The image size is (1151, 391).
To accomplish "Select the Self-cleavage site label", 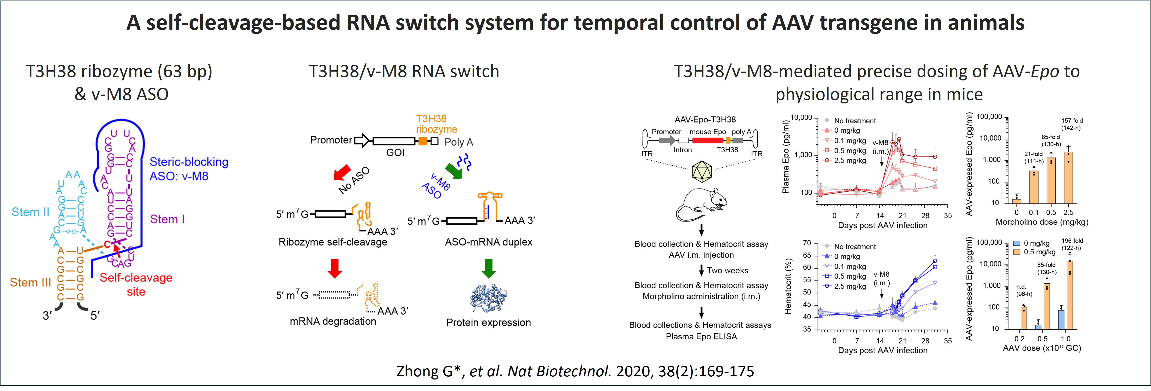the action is pos(136,284).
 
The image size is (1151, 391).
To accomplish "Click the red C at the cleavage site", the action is pos(107,244).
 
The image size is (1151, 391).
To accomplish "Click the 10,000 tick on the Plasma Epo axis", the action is pos(801,118).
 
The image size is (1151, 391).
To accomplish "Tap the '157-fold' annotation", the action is pos(1072,120).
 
